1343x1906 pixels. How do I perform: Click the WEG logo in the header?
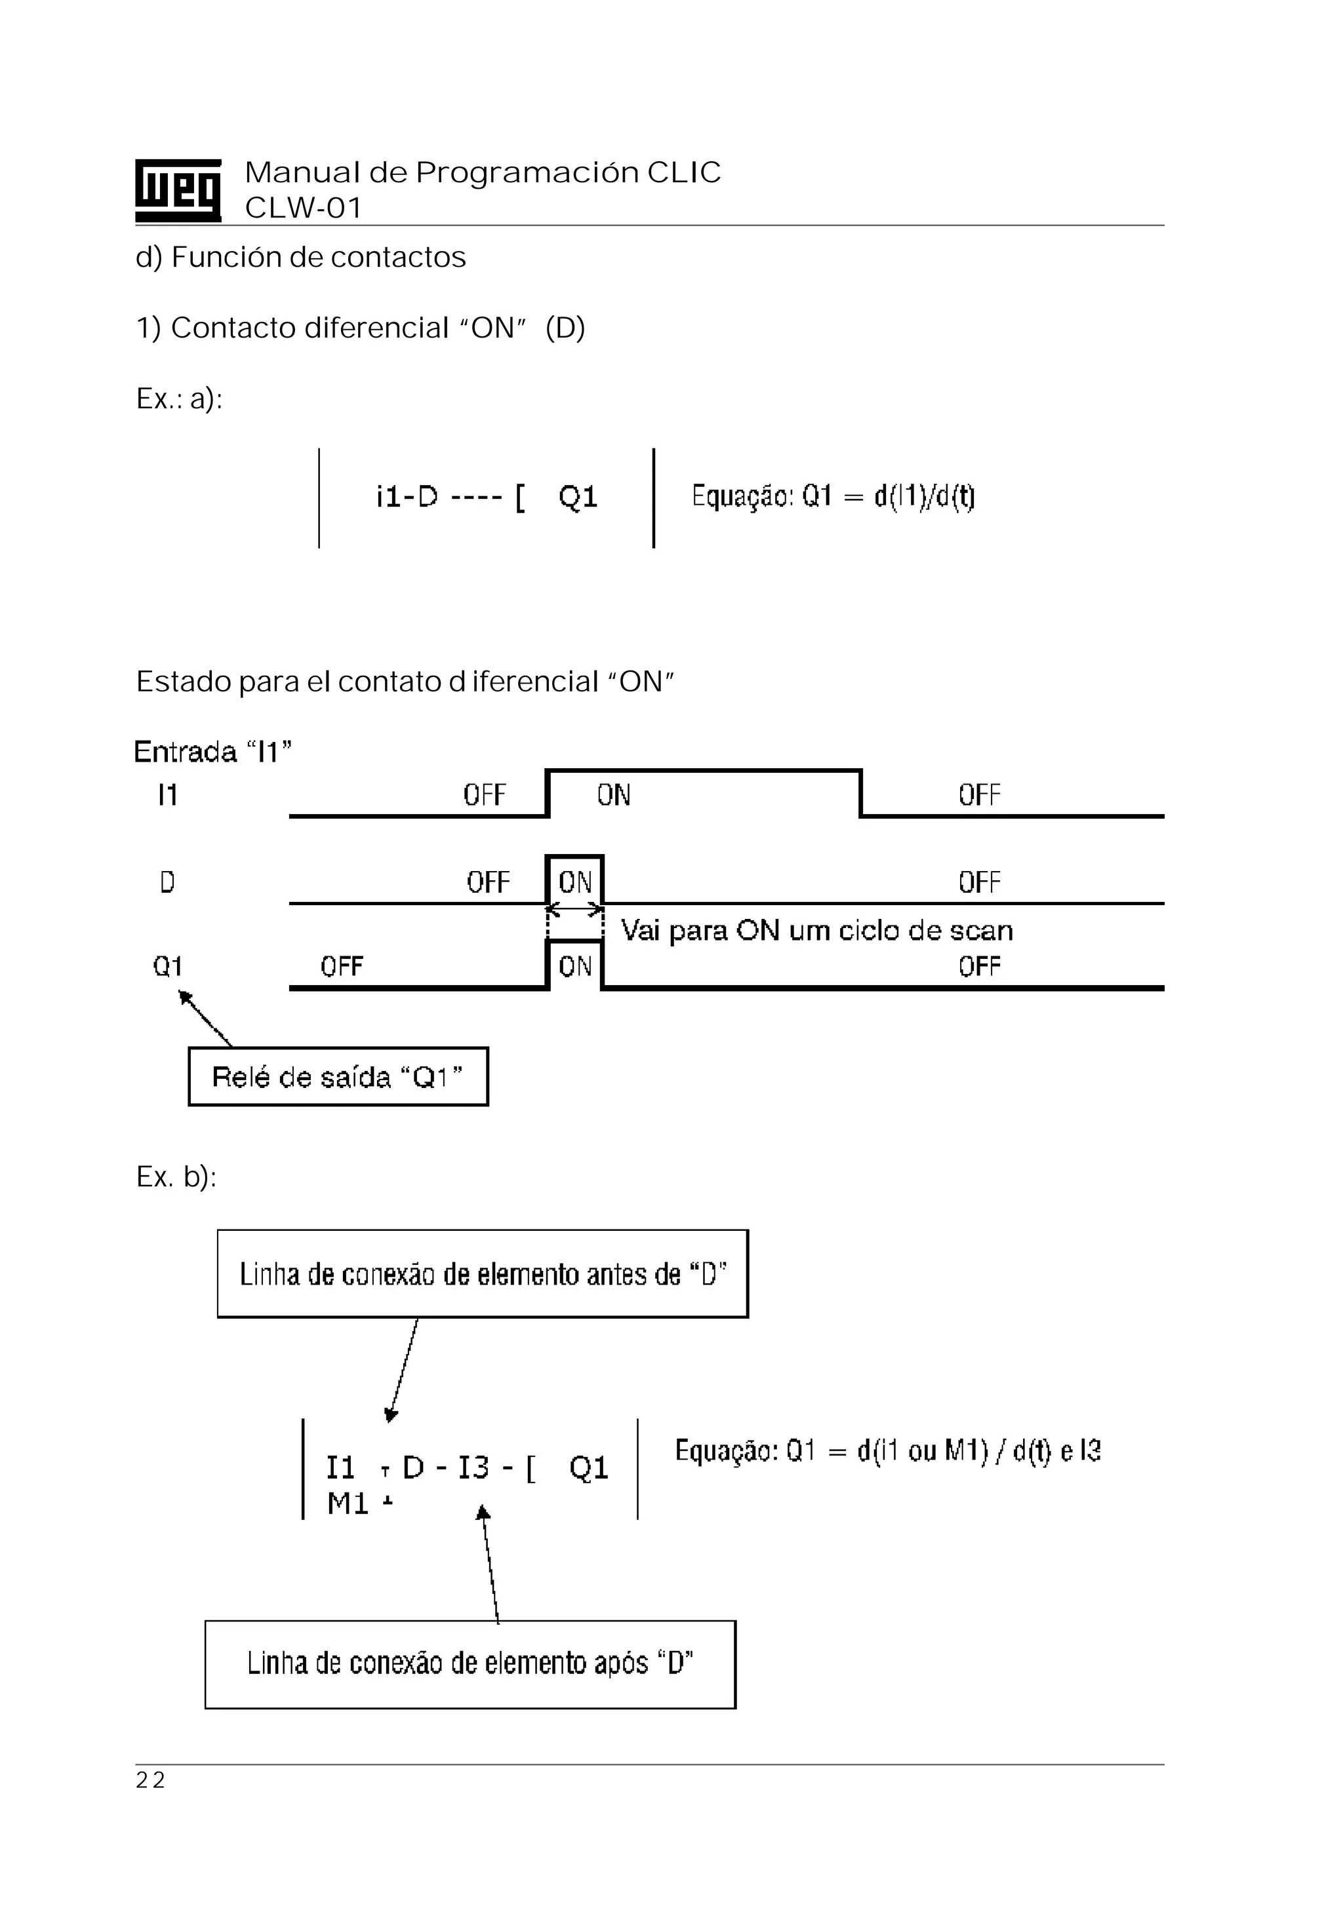[178, 190]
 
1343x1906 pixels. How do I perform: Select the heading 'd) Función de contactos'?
[300, 258]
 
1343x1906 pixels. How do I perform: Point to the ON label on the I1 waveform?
[614, 795]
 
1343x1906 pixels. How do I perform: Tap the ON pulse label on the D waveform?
[574, 882]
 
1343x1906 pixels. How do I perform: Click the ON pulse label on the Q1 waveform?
[574, 966]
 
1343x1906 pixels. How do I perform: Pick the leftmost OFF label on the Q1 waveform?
[342, 966]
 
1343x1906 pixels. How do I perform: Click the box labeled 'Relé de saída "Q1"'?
[338, 1077]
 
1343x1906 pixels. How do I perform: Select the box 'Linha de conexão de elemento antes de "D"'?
[483, 1274]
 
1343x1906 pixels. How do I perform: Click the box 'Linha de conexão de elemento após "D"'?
[470, 1663]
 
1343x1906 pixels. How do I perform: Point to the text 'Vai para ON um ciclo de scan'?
[816, 931]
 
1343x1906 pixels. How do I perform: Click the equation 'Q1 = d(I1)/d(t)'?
[833, 496]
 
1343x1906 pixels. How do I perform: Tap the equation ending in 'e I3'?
[887, 1450]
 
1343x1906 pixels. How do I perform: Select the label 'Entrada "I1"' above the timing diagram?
[212, 752]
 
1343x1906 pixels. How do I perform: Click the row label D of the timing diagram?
[167, 882]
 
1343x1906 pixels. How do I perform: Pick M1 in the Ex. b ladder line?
[347, 1504]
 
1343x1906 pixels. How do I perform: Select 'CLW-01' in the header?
[303, 208]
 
